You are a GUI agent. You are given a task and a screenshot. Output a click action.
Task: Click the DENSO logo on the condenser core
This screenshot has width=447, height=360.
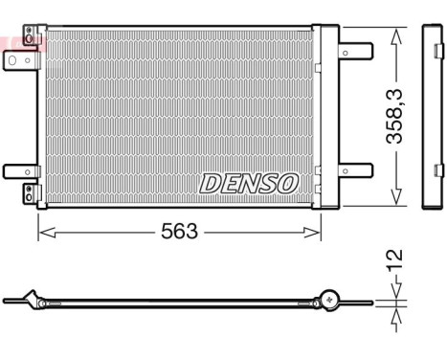[x=250, y=182]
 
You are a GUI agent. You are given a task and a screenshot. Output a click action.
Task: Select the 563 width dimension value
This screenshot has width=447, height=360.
[x=179, y=232]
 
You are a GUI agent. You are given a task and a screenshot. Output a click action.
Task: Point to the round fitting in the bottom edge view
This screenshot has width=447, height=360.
[x=328, y=299]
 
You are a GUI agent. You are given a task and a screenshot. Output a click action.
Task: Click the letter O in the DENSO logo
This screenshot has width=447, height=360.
[x=288, y=182]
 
